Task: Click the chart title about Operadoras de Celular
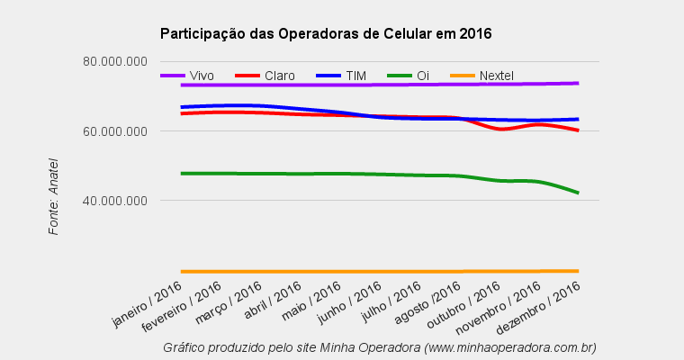tap(325, 34)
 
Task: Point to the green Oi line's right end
tap(577, 192)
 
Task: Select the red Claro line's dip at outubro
tap(501, 130)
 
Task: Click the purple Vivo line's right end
tap(577, 83)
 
